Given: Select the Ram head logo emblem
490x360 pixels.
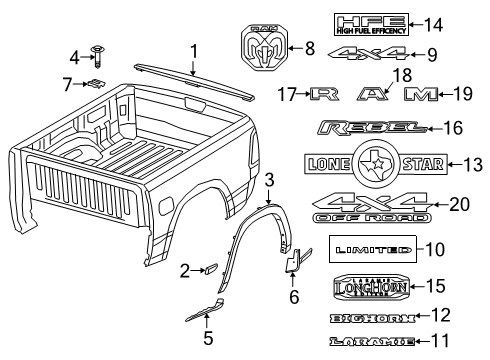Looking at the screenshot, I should click(x=267, y=47).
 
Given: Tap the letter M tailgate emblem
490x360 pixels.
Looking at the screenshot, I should click(x=418, y=95).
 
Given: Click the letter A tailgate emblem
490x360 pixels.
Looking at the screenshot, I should click(x=372, y=95).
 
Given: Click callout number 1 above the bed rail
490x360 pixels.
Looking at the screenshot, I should click(x=194, y=50).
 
